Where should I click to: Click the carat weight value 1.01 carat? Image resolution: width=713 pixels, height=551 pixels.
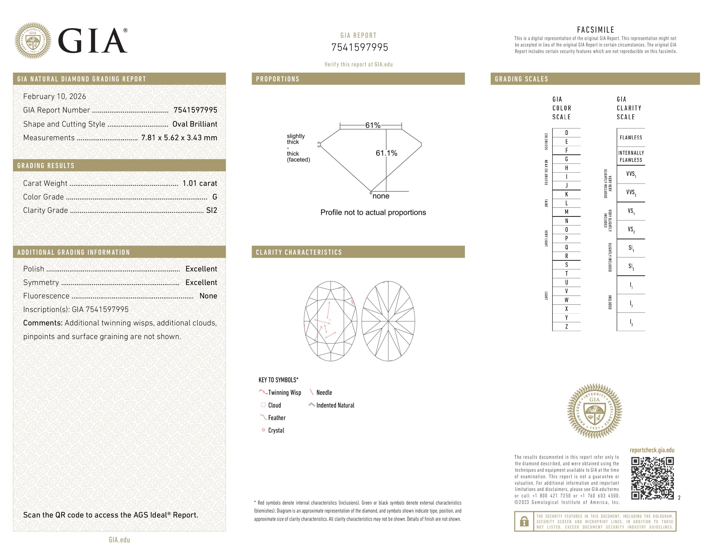tap(199, 183)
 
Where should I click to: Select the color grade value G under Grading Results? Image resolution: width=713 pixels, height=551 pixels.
tap(215, 197)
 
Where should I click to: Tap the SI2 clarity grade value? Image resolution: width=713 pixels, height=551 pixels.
tap(212, 210)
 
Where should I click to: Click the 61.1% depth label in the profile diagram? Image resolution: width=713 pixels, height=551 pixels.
tap(386, 153)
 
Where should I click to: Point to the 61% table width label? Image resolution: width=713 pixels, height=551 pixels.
tap(372, 125)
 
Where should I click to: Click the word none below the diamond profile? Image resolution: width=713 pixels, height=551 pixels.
tap(381, 196)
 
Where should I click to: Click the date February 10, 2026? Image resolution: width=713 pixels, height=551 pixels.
tap(54, 97)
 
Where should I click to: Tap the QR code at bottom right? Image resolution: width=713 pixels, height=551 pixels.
tap(652, 478)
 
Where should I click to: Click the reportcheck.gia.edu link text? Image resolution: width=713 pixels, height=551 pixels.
tap(652, 450)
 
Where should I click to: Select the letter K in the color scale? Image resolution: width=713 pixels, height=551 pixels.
tap(567, 194)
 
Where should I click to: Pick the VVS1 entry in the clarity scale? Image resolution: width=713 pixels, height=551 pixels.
tap(631, 174)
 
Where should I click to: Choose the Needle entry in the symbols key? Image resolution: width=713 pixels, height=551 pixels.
tap(324, 393)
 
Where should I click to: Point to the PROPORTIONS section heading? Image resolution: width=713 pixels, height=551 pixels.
tap(277, 79)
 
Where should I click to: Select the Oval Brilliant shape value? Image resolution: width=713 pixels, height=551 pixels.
tap(195, 124)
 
